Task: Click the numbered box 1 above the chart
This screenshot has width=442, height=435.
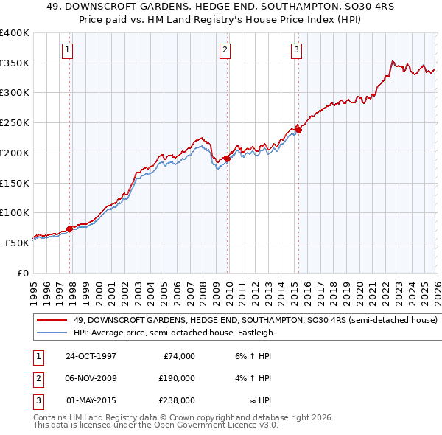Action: click(67, 50)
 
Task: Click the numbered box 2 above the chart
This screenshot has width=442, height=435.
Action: click(224, 50)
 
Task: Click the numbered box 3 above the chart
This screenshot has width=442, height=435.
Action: click(295, 50)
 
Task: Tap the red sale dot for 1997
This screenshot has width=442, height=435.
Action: click(70, 229)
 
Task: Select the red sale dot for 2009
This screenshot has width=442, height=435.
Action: click(227, 158)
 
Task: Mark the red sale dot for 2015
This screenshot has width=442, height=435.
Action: click(298, 130)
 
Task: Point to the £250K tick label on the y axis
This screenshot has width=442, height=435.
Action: click(15, 123)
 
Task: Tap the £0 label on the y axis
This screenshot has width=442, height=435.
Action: click(24, 273)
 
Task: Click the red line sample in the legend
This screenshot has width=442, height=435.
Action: click(52, 321)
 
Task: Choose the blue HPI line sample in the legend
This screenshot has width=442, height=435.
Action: click(52, 333)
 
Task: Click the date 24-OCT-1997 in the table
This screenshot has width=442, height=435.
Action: click(91, 356)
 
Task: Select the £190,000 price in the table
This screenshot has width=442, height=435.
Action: click(177, 378)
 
